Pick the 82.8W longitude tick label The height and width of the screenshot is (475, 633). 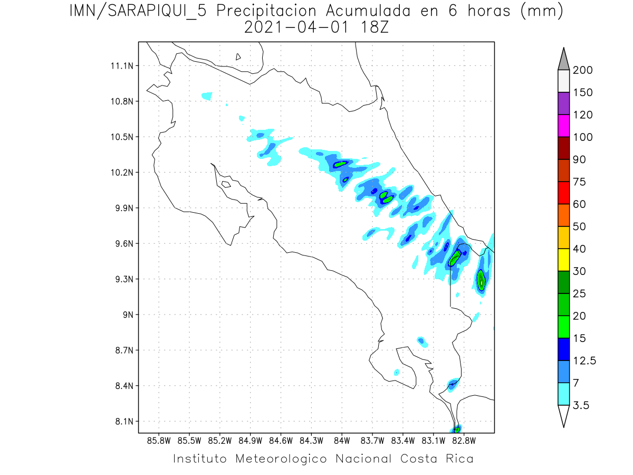[464, 440]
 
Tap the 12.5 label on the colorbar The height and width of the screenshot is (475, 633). [584, 360]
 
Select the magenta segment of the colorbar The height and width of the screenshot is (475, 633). [563, 126]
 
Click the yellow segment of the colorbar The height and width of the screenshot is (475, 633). [563, 260]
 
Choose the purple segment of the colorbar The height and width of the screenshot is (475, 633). [563, 104]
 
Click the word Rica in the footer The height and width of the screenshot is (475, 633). [458, 459]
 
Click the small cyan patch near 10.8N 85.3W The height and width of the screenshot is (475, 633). [207, 96]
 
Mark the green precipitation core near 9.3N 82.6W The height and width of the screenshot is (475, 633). [481, 279]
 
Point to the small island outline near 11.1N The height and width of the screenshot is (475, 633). [238, 56]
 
